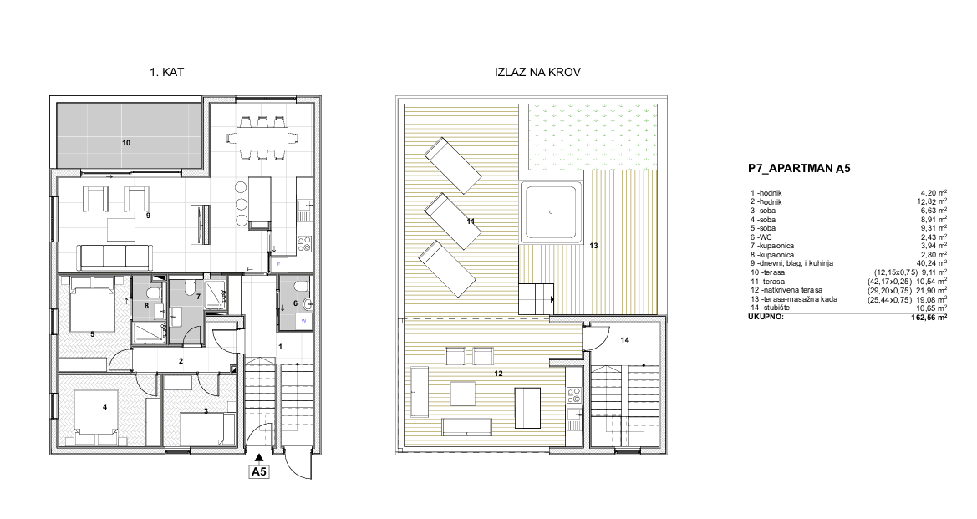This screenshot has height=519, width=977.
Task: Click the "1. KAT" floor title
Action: (166, 72)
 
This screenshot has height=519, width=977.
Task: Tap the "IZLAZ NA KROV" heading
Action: (537, 72)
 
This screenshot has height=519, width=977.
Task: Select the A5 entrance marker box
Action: (258, 471)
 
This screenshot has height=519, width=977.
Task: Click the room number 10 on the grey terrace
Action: (126, 143)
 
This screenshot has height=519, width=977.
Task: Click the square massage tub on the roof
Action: (551, 211)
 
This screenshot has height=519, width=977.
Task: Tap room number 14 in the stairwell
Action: (625, 339)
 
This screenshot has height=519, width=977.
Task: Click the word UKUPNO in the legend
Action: (766, 317)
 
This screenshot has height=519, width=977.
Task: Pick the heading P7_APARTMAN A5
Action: (799, 168)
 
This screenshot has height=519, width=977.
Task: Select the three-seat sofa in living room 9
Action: (114, 257)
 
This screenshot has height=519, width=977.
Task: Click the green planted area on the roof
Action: (593, 137)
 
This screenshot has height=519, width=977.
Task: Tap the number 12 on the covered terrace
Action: (498, 374)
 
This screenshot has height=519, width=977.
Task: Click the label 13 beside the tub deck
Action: (593, 246)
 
